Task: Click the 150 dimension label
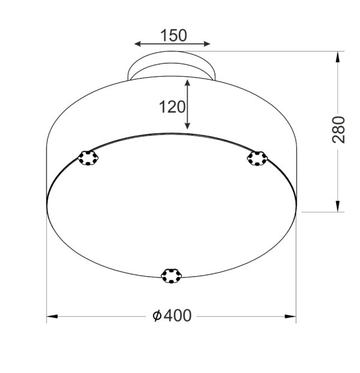coord(173,35)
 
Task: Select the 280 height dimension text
coord(339,129)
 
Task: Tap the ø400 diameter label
coord(172,315)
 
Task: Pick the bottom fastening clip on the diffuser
coord(172,275)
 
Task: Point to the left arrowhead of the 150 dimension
coord(137,44)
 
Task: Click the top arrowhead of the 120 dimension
coord(188,83)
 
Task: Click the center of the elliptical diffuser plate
coord(172,205)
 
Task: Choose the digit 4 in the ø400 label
coord(167,315)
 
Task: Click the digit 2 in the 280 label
coord(339,138)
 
